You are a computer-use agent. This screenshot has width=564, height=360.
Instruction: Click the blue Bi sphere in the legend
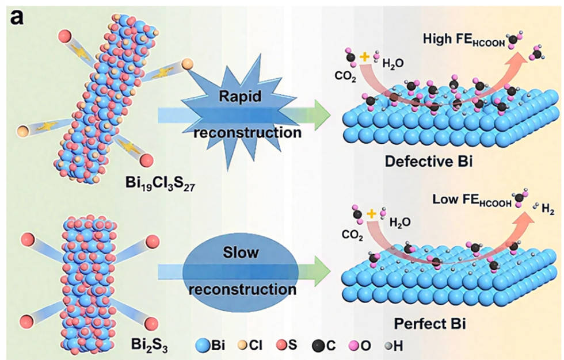pos(203,346)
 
